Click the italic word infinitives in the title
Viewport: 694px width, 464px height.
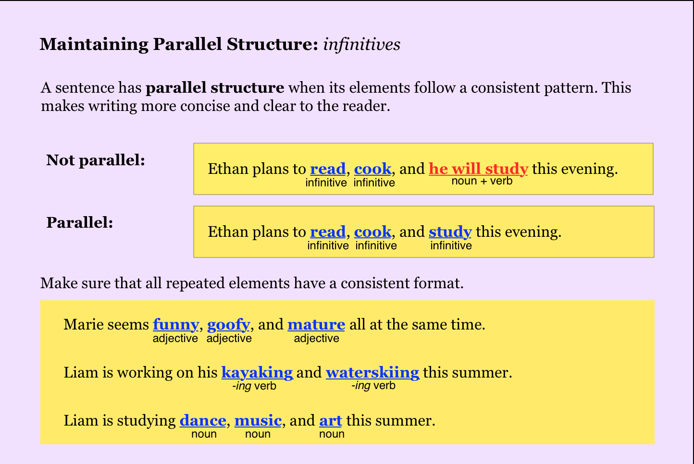pyautogui.click(x=361, y=44)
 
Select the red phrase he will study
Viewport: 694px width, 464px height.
pyautogui.click(x=478, y=169)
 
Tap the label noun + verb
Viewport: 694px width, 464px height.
pyautogui.click(x=482, y=181)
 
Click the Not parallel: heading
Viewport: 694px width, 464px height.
pyautogui.click(x=96, y=160)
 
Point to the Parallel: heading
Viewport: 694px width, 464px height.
pyautogui.click(x=80, y=222)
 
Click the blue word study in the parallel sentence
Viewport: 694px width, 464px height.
pyautogui.click(x=450, y=232)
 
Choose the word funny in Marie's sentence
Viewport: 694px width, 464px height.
pyautogui.click(x=176, y=325)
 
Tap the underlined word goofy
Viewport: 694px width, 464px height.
pyautogui.click(x=228, y=325)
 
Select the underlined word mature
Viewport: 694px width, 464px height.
pyautogui.click(x=316, y=325)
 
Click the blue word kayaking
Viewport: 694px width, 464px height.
pyautogui.click(x=257, y=373)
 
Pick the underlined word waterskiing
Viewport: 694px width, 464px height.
pyautogui.click(x=373, y=372)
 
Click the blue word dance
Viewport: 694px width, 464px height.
pyautogui.click(x=203, y=421)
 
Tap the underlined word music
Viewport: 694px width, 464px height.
pyautogui.click(x=258, y=421)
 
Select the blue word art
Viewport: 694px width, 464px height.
pyautogui.click(x=331, y=421)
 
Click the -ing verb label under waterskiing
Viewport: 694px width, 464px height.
pyautogui.click(x=373, y=386)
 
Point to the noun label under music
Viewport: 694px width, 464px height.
pyautogui.click(x=258, y=434)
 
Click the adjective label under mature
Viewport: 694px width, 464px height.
pyautogui.click(x=316, y=338)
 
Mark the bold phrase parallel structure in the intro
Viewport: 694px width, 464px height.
pyautogui.click(x=215, y=87)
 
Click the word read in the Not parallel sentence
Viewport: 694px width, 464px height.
pyautogui.click(x=328, y=169)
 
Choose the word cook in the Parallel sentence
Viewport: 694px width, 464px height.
pyautogui.click(x=373, y=232)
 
